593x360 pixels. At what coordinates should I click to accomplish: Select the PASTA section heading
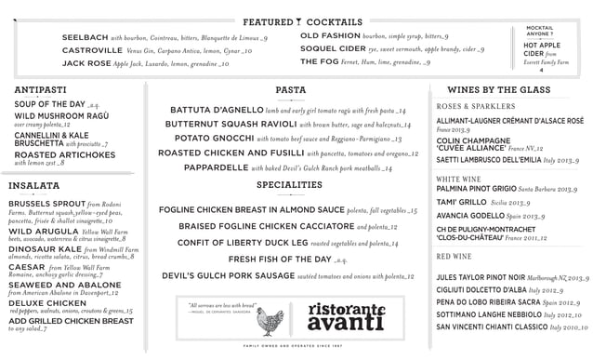pos(291,90)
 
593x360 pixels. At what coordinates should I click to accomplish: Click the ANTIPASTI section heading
pos(40,89)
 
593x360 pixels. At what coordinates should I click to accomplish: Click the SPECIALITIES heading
pos(290,184)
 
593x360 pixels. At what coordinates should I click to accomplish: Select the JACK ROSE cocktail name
pos(86,63)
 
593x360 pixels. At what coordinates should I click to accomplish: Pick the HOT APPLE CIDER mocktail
pos(541,49)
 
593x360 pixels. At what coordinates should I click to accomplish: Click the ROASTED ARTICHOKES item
pos(52,154)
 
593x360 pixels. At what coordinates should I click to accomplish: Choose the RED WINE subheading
pos(455,256)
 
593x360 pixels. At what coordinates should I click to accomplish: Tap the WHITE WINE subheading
pos(458,179)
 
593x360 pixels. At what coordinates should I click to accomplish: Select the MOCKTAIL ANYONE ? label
pos(540,31)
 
